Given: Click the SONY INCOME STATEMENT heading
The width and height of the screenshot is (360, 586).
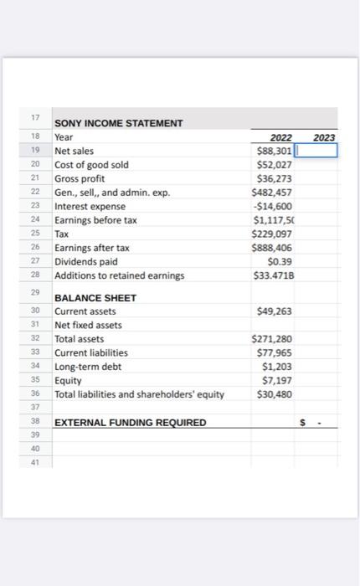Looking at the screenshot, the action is (118, 124).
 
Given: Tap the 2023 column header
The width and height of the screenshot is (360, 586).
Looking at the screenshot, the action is (323, 137).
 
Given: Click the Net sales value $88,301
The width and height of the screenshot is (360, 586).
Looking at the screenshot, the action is (274, 152).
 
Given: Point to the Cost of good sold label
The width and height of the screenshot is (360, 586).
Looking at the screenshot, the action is (91, 165).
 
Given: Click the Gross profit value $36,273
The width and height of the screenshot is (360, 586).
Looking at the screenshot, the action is (276, 179).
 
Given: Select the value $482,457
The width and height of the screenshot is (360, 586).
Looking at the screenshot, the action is (273, 193).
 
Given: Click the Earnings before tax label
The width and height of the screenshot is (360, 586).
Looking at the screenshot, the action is (95, 220).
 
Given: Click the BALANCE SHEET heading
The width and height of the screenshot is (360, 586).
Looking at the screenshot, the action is (95, 298).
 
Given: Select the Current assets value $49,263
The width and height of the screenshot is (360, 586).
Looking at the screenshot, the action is (276, 311).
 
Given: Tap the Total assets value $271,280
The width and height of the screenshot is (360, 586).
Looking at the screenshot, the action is (273, 339).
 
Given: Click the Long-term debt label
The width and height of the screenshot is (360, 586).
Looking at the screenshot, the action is (88, 367).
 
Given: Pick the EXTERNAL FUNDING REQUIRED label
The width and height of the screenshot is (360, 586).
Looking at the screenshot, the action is (130, 423).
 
